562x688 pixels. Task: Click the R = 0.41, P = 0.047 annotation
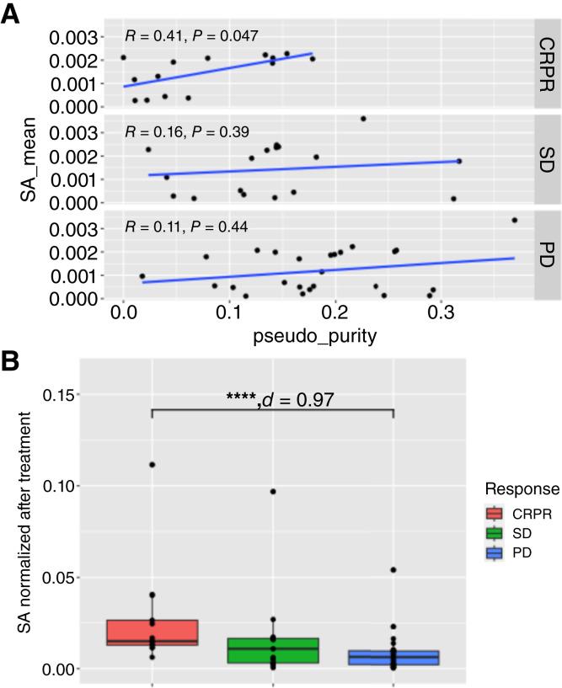(x=191, y=36)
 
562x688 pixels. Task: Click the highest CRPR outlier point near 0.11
(x=152, y=465)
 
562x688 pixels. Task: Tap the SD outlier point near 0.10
(x=272, y=492)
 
